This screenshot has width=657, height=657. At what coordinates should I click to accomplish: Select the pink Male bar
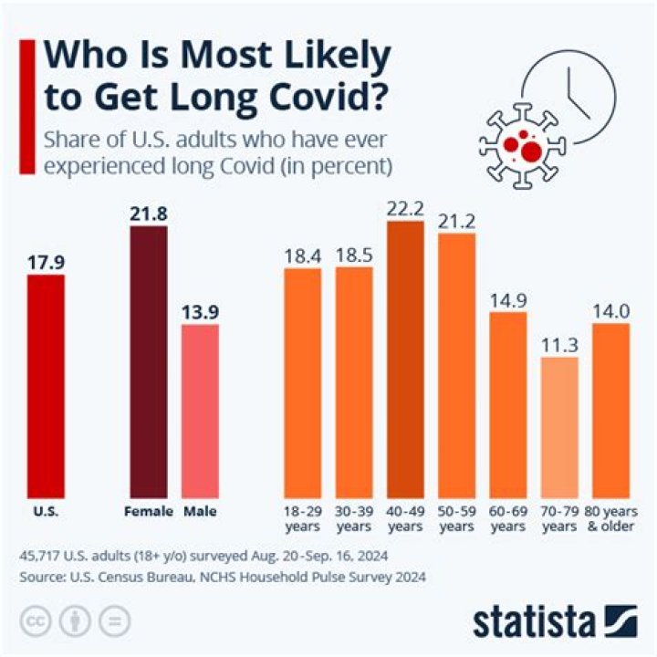(200, 411)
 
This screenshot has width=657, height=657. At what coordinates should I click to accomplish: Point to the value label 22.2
(405, 208)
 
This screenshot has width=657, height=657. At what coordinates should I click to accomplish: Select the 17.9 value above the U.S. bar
(46, 262)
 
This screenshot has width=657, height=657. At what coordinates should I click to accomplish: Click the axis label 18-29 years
(302, 519)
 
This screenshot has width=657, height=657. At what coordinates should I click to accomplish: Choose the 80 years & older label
(610, 519)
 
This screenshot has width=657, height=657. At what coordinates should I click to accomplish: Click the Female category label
(149, 512)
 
